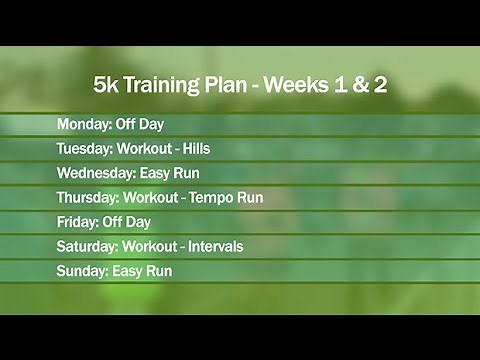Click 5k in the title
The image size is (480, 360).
[x=106, y=85]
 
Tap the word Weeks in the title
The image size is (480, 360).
[x=300, y=85]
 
